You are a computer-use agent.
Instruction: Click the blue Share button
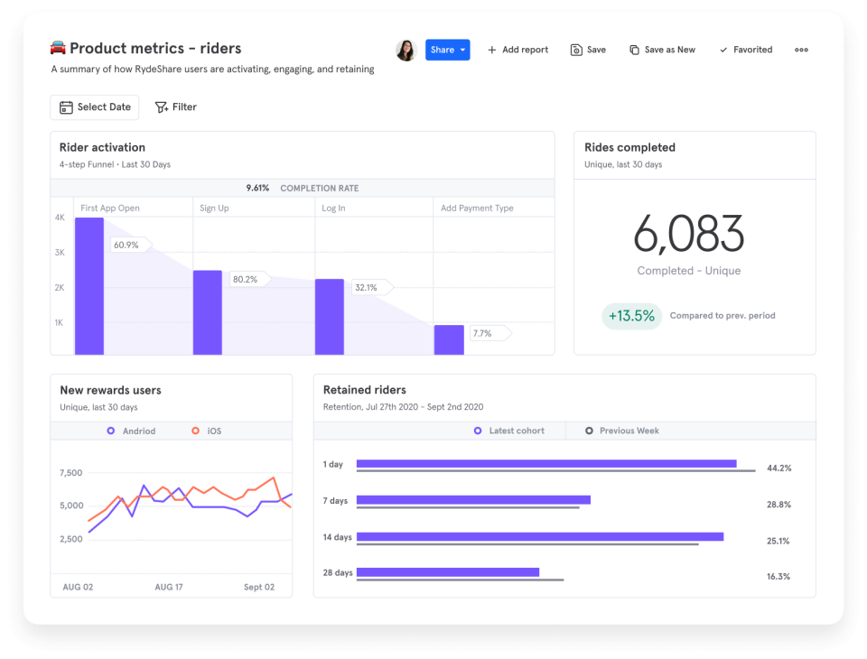(447, 50)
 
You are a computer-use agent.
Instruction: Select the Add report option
(518, 50)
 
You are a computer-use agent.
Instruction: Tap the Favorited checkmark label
(746, 50)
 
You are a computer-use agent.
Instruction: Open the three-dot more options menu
(801, 50)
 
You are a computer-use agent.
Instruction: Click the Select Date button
(95, 107)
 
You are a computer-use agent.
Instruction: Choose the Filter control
(176, 107)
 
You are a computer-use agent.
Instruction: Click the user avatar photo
(406, 50)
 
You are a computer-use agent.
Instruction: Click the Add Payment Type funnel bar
(449, 339)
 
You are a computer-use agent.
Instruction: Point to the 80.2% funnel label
(246, 280)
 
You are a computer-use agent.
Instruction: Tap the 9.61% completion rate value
(257, 188)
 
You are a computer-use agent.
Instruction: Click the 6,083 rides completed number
(688, 235)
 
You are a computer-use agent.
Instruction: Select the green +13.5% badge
(630, 316)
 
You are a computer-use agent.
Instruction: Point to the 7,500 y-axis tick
(70, 472)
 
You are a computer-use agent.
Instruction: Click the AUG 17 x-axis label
(169, 587)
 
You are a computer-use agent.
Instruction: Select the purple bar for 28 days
(448, 571)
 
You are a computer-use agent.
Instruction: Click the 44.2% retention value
(778, 469)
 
